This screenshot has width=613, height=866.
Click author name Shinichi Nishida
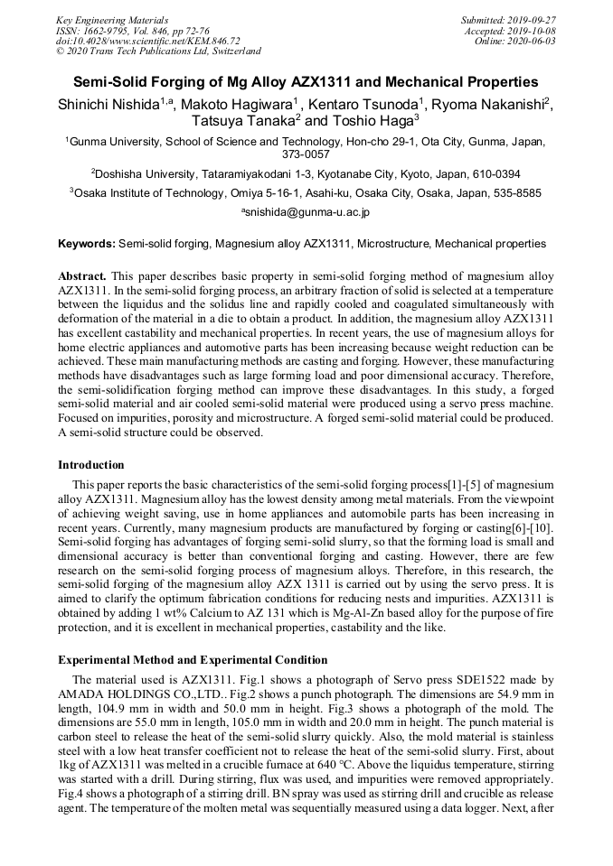click(x=108, y=105)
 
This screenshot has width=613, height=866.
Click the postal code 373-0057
click(x=306, y=154)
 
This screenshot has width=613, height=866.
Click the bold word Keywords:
click(x=87, y=244)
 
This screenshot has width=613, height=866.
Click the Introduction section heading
click(x=91, y=465)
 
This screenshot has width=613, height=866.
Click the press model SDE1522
click(x=464, y=678)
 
